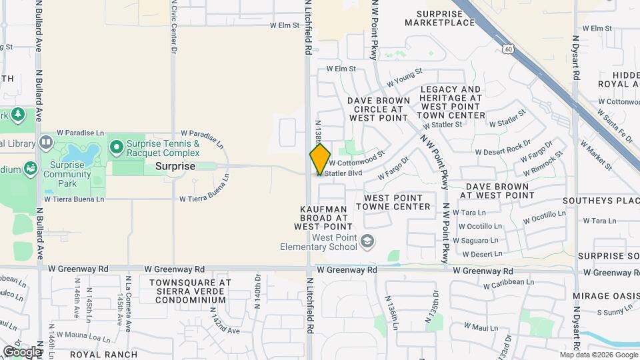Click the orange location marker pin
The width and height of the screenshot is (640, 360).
[x=320, y=159]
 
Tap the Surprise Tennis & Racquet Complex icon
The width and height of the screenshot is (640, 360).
[x=116, y=145]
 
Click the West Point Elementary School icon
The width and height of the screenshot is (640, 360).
[x=366, y=241]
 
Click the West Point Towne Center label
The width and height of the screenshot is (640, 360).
[x=393, y=202]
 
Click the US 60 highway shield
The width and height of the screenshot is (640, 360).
[x=508, y=49]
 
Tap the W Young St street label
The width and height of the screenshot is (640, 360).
[x=404, y=77]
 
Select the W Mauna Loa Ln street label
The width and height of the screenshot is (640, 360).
[x=84, y=334]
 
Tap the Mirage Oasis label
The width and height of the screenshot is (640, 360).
[x=605, y=295]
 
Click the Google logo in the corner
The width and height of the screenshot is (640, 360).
[x=21, y=351]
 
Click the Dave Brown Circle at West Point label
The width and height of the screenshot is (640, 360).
[x=378, y=109]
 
